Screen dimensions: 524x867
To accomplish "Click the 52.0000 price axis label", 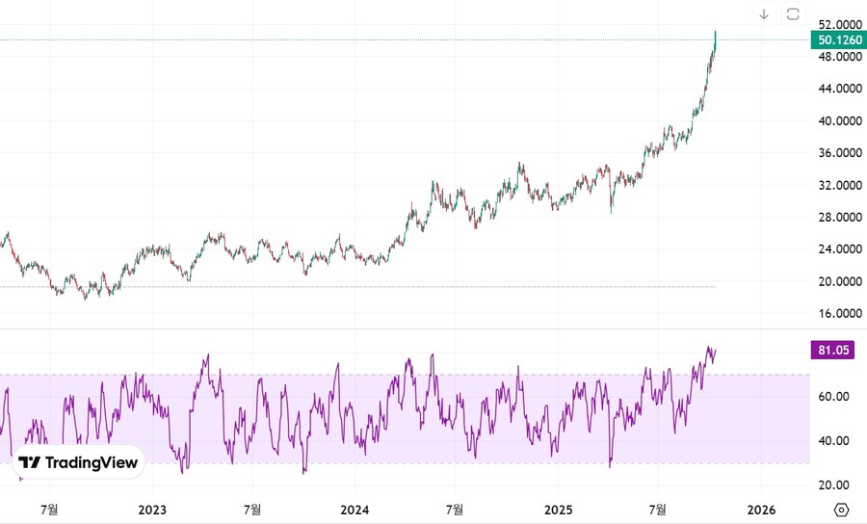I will point(840,24).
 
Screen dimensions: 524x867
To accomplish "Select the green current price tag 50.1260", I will point(839,40).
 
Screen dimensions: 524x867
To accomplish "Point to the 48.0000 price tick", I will point(840,57).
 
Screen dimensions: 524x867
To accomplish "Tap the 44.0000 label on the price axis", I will point(840,89).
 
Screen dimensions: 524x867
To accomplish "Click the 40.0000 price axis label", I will point(840,121).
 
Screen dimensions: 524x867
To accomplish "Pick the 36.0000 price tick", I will point(840,153).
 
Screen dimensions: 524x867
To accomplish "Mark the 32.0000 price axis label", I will point(840,185).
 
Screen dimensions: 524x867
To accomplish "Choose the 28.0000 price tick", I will point(840,218).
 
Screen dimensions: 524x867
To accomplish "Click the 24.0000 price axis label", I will point(840,249).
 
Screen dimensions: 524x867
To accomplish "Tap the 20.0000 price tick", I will point(840,281).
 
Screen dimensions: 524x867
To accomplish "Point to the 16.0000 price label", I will point(840,314).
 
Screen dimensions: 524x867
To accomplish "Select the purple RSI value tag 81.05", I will point(833,351).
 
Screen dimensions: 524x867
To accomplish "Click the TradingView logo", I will point(80,463).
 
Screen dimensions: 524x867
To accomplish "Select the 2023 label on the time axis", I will point(152,509).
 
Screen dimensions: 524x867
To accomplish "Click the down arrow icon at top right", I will point(764,13).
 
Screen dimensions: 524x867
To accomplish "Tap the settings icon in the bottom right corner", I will point(841,510).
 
